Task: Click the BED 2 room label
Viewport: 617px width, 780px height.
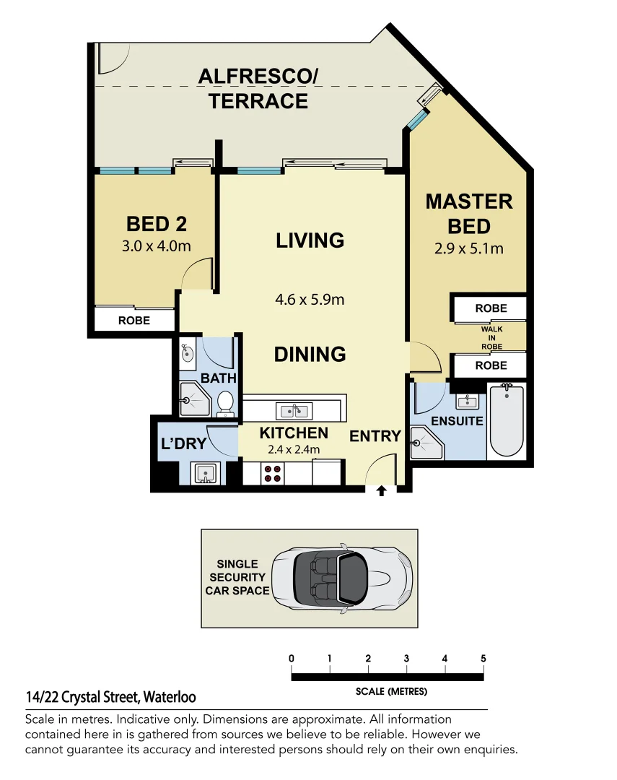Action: [x=156, y=224]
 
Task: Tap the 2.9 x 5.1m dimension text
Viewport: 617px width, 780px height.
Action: [x=469, y=248]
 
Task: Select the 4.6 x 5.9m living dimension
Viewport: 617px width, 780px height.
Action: [x=310, y=300]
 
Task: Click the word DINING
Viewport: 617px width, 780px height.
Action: [x=310, y=354]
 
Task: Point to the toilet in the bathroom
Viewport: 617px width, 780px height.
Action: [x=225, y=404]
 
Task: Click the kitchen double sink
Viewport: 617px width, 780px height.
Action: [x=294, y=411]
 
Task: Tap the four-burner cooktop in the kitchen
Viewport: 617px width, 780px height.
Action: [x=272, y=473]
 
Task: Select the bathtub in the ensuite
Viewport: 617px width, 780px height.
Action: [x=506, y=420]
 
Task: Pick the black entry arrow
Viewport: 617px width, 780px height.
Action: [x=381, y=491]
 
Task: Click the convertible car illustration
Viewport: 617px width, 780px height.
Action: [x=341, y=578]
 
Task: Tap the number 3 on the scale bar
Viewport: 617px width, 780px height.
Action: [x=406, y=659]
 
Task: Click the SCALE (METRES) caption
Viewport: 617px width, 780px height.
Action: [x=391, y=691]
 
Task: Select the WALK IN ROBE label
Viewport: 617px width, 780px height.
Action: [x=491, y=338]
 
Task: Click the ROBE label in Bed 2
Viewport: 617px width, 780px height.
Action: [x=134, y=321]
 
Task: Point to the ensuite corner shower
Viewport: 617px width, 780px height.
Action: [x=426, y=443]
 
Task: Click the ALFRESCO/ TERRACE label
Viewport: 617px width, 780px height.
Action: [x=258, y=89]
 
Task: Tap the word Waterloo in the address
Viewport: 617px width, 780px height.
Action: [x=170, y=698]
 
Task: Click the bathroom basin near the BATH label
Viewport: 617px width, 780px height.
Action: [x=188, y=353]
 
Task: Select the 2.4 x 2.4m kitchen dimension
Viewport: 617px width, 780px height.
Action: [x=294, y=450]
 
